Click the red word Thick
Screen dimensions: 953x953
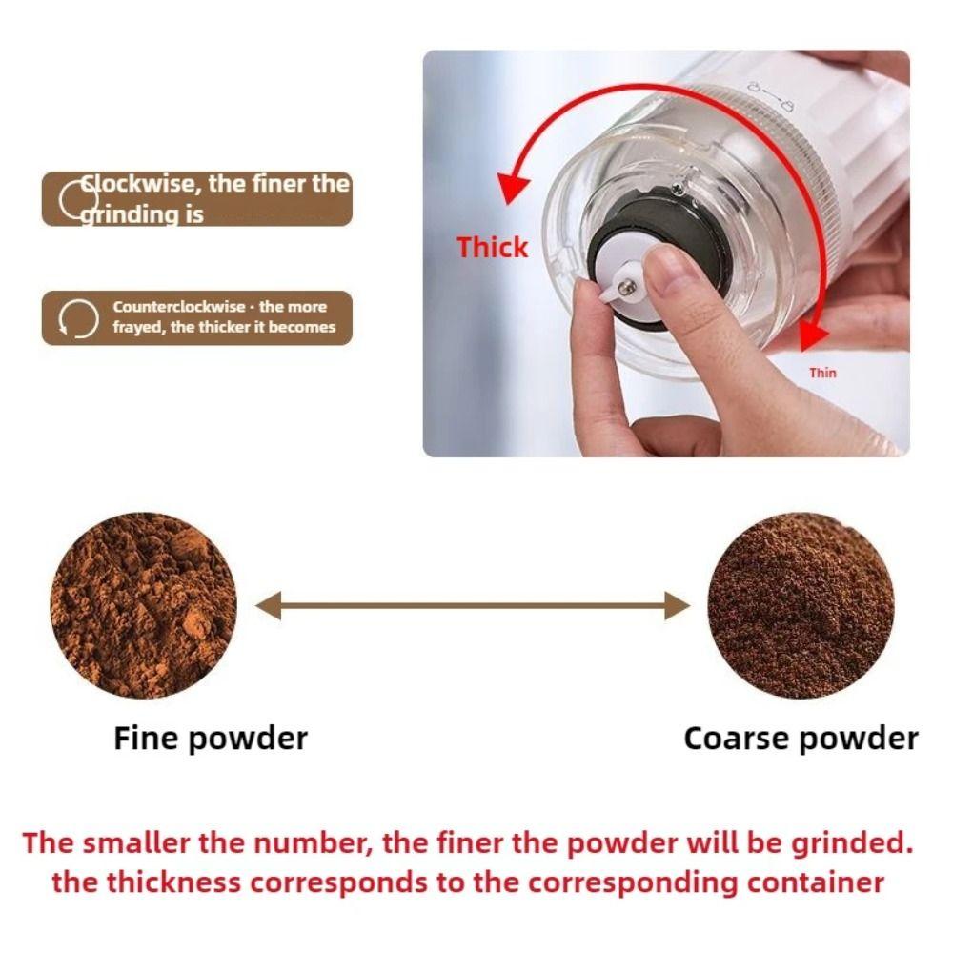coord(492,247)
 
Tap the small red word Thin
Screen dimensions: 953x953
coord(822,373)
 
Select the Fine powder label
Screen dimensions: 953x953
coord(211,738)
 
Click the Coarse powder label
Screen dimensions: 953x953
coord(801,738)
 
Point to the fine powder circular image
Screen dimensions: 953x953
coord(143,605)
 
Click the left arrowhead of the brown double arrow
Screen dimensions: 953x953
coord(269,605)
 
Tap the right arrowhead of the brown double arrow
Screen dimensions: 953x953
coord(677,605)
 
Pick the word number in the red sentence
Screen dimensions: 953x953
coord(255,842)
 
